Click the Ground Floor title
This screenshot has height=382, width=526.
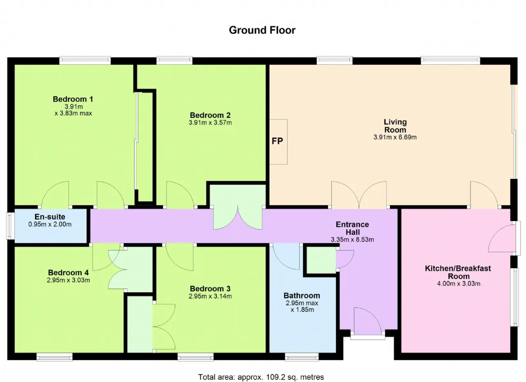262,30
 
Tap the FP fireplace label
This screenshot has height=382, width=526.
277,141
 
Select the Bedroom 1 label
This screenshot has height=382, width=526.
73,99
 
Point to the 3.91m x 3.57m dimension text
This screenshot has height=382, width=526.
210,123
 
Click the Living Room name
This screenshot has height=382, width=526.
395,126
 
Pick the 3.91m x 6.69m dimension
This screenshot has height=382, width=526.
395,137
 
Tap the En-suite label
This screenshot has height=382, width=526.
50,217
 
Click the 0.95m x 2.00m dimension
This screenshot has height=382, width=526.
50,224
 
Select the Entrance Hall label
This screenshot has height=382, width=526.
353,228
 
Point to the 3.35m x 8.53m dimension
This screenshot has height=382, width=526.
353,240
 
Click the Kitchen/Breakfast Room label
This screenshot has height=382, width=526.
458,272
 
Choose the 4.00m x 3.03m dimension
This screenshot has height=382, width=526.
459,284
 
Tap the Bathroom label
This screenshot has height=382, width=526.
302,295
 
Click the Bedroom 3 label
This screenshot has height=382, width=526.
210,288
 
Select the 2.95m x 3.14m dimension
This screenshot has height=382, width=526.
210,296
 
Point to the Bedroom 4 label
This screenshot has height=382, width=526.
68,272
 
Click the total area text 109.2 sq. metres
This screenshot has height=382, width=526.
295,377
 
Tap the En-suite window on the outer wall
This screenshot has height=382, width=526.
10,226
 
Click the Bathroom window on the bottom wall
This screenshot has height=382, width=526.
302,357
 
